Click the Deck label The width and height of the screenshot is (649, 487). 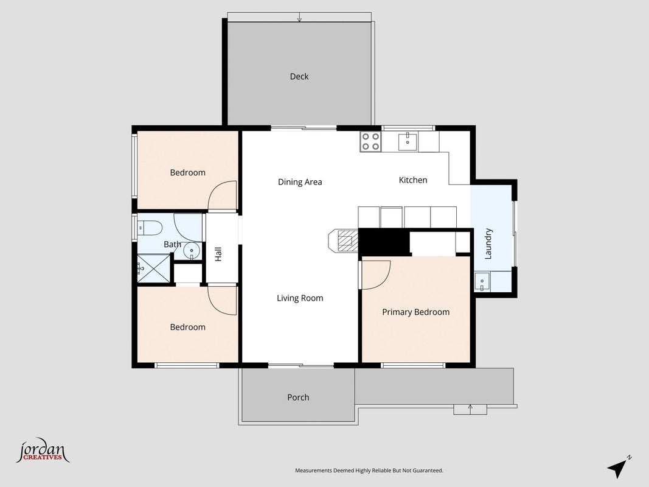299,77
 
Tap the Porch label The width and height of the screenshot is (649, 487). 298,398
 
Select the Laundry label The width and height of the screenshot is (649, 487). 488,243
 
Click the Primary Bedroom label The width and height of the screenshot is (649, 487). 415,312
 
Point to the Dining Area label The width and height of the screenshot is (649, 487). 300,182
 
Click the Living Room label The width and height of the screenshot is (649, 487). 300,298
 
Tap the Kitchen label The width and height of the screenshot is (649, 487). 412,180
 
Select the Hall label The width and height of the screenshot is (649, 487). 218,254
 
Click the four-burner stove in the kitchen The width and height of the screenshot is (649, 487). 370,141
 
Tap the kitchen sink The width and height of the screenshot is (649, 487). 408,141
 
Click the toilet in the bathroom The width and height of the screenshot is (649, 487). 150,227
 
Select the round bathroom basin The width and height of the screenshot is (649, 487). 192,251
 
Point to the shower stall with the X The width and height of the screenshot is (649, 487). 153,268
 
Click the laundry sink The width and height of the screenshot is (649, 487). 482,282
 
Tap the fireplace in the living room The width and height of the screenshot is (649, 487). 343,240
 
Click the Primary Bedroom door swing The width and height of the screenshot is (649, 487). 376,275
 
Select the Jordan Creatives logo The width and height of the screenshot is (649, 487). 43,450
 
